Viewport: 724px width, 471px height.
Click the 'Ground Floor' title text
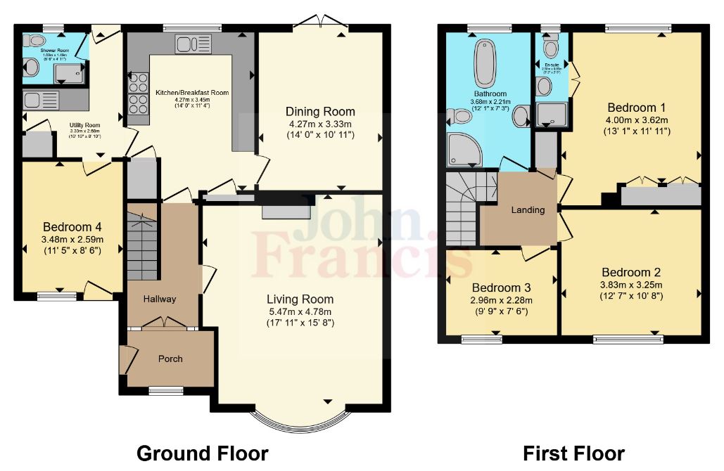pyautogui.click(x=202, y=453)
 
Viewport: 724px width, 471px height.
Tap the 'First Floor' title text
pyautogui.click(x=573, y=453)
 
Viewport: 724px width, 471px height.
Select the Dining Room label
pyautogui.click(x=319, y=112)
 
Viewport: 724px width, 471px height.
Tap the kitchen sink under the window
pyautogui.click(x=187, y=45)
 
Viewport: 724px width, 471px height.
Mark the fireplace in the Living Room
pyautogui.click(x=286, y=211)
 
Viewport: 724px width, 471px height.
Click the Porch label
pyautogui.click(x=170, y=359)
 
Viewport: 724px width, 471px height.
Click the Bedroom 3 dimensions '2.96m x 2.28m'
pyautogui.click(x=501, y=301)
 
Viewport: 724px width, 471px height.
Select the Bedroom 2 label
pyautogui.click(x=630, y=272)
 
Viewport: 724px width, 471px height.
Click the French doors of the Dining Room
pyautogui.click(x=319, y=23)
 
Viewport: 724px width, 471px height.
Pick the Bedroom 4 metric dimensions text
pyautogui.click(x=72, y=239)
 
